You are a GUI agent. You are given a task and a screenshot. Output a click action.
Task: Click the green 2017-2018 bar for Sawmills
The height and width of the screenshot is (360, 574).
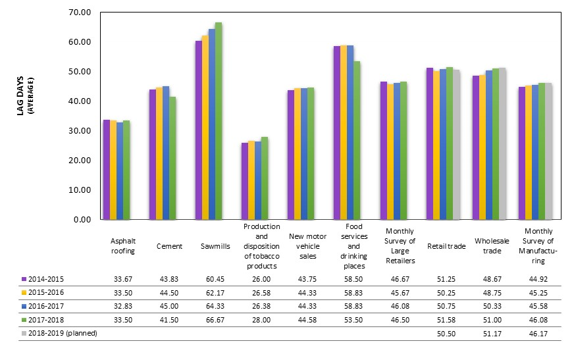pyautogui.click(x=219, y=121)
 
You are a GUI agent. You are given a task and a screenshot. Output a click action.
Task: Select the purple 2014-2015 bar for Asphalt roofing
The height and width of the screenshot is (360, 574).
pyautogui.click(x=107, y=170)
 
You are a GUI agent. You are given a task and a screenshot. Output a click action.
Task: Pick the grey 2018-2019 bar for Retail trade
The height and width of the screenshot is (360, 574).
pyautogui.click(x=456, y=144)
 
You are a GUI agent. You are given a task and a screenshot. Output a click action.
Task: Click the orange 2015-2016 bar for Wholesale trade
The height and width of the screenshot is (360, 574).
pyautogui.click(x=482, y=147)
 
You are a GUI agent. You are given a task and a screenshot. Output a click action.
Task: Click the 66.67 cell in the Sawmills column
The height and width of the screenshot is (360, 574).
pyautogui.click(x=215, y=319)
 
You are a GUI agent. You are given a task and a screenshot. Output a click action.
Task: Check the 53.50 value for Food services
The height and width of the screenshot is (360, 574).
pyautogui.click(x=353, y=319)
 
